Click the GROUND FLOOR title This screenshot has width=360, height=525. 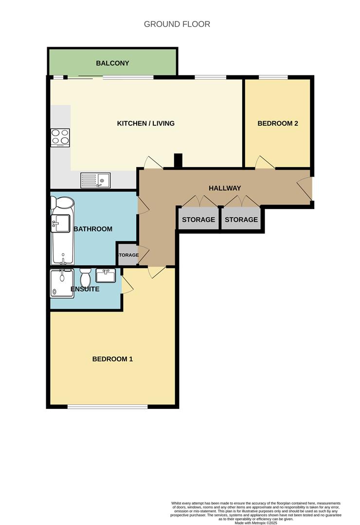177,24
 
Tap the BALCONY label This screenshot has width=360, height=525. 112,63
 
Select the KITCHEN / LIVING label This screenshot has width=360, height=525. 145,123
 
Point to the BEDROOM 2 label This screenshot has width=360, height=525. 277,123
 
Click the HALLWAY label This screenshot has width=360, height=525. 225,188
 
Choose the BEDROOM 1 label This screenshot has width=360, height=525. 112,359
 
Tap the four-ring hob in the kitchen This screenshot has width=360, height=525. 60,138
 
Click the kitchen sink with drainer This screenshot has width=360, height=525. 95,180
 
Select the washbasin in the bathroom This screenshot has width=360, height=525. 61,224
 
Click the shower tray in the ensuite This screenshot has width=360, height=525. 62,283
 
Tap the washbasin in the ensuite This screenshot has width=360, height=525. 106,276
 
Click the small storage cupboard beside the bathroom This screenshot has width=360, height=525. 126,254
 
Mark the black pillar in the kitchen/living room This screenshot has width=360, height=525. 178,161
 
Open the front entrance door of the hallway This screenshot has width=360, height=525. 305,189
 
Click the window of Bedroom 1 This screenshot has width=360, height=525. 108,406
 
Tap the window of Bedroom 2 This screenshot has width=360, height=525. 273,77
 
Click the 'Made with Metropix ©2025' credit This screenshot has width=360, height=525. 255,523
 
